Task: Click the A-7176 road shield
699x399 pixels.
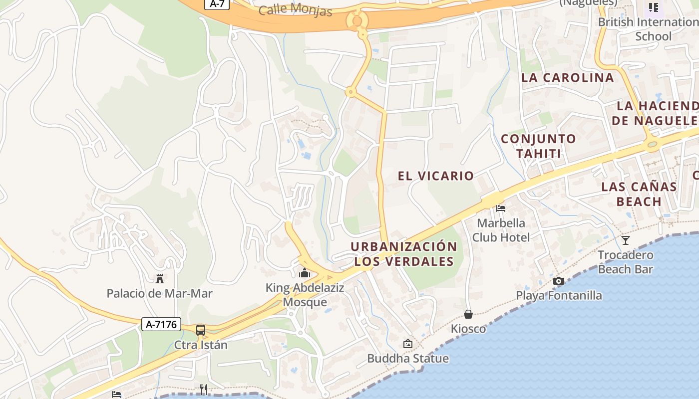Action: pos(161,325)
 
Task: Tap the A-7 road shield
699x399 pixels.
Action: pos(217,3)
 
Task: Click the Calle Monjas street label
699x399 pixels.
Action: pos(296,9)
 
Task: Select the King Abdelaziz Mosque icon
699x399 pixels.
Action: pos(304,273)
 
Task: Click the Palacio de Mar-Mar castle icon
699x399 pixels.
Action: pos(160,278)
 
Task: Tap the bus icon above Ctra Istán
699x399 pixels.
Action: pos(200,330)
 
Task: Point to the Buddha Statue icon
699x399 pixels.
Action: pos(408,344)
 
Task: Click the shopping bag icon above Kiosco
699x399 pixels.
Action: pos(468,314)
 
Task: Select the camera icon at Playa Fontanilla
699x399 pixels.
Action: pos(559,281)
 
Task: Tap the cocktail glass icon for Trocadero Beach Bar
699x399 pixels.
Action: pos(625,240)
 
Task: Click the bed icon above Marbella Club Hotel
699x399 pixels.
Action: pos(501,208)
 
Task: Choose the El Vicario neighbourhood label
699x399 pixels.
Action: pos(435,176)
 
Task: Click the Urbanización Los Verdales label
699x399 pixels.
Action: pos(404,254)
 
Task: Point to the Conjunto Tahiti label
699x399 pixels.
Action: pos(538,146)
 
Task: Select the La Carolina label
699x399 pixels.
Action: pos(567,77)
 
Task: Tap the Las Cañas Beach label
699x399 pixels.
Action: pos(639,194)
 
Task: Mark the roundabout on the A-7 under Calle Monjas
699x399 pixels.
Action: pos(357,20)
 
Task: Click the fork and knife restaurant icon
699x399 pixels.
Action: pos(204,389)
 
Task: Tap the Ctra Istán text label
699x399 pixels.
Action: pos(201,345)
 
